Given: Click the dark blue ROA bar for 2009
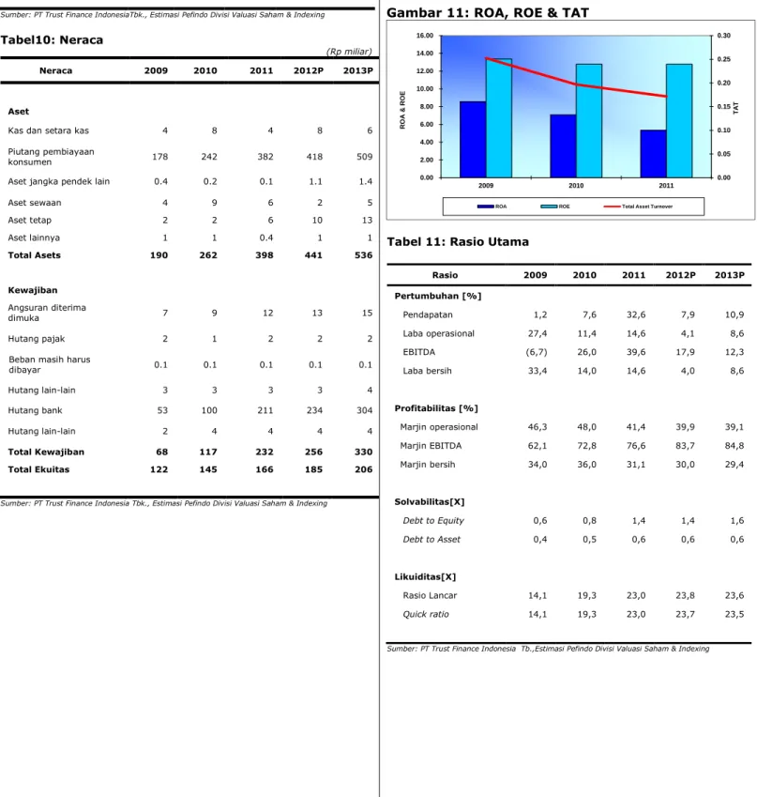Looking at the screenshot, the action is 473,139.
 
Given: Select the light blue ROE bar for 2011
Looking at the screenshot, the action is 679,121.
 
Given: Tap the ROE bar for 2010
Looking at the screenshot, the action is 589,121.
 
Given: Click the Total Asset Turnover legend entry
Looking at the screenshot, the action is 638,207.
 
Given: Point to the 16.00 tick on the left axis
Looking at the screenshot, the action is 425,36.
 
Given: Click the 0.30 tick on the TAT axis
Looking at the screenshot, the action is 723,36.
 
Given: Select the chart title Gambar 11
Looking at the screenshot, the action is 488,13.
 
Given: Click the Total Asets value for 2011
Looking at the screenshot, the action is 265,255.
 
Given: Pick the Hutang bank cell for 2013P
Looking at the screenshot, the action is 364,410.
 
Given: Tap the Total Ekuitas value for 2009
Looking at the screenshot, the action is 159,469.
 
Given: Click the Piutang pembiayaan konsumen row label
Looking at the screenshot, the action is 51,157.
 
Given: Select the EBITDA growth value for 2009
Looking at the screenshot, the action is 537,352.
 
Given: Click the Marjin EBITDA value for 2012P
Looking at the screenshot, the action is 685,446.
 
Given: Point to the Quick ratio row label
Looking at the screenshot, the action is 426,614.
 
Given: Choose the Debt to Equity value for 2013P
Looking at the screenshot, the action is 736,520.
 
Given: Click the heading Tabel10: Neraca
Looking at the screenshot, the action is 52,39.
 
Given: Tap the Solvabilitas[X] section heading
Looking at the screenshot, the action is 430,501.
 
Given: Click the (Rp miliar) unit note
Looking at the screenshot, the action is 349,52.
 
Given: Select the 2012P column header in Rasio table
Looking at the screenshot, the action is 681,275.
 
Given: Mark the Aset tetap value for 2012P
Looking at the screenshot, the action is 317,220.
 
